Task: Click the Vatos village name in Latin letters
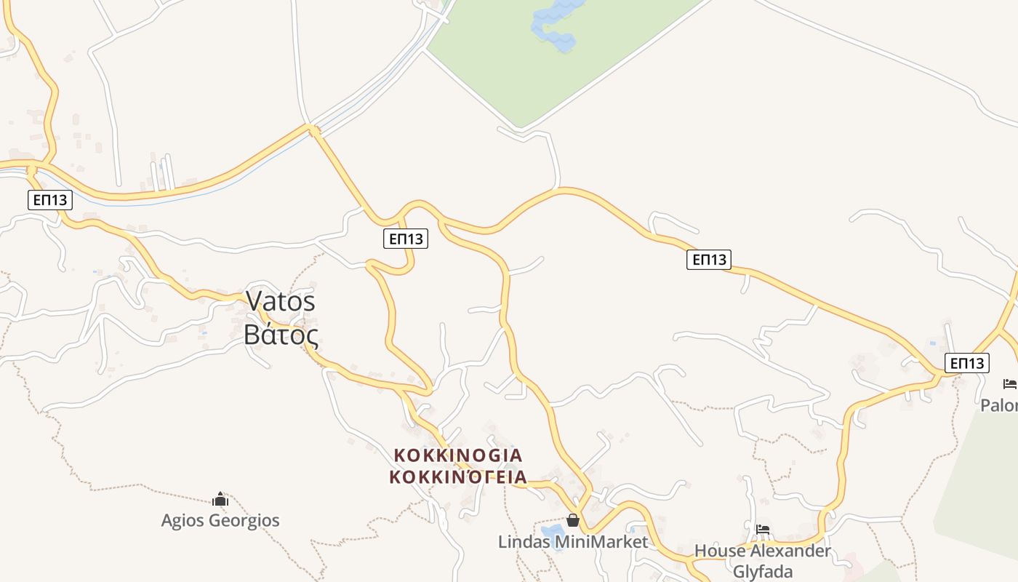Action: pos(281,300)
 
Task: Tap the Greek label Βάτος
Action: pos(281,334)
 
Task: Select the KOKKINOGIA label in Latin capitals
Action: pos(458,455)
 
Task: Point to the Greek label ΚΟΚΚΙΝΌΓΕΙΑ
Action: pos(458,477)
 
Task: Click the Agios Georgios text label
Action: pos(220,521)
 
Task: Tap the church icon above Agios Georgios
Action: pos(220,499)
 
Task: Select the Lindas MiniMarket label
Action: pos(573,541)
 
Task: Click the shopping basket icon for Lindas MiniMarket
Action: pos(573,520)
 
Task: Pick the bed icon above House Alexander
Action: pos(763,529)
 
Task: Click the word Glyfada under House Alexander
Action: pos(763,572)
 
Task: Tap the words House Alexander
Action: pos(763,551)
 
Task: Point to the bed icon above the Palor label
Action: pos(1009,384)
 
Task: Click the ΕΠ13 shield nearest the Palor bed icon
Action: pos(967,362)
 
